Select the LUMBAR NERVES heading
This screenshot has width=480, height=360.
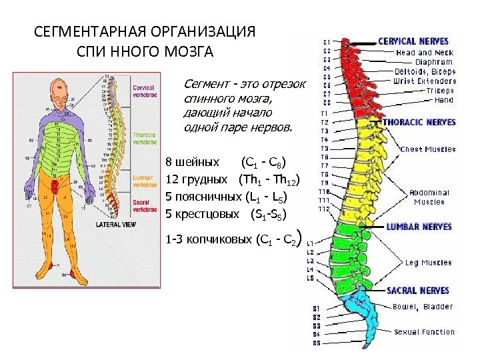[419, 227]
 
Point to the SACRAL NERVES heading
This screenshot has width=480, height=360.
[419, 291]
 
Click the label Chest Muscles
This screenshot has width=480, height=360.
[428, 149]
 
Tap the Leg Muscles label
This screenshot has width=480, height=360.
[429, 263]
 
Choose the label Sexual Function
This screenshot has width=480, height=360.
[423, 332]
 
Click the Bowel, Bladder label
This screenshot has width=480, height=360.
[423, 307]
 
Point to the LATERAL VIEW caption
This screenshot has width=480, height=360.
[117, 225]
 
